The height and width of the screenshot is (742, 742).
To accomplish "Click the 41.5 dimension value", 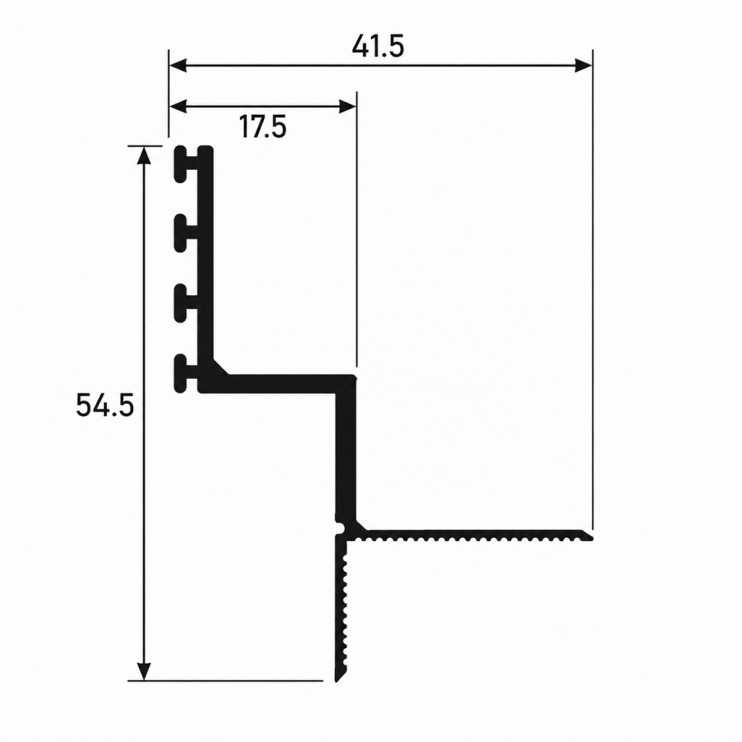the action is point(378,47).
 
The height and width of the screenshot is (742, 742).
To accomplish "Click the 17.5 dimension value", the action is point(262,127).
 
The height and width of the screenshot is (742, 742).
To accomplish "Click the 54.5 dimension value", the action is point(105,405).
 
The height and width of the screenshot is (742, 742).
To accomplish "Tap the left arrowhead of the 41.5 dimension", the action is point(178,65).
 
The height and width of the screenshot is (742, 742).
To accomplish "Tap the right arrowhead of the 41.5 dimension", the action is point(583,65).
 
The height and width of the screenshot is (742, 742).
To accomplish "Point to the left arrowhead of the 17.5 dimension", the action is point(178,107).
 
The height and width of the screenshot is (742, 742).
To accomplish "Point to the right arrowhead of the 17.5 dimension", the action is point(347,107).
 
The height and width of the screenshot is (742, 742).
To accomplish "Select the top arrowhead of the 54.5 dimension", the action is point(143,155).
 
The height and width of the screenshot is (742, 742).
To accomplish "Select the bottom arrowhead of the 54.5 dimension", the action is point(143,672).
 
